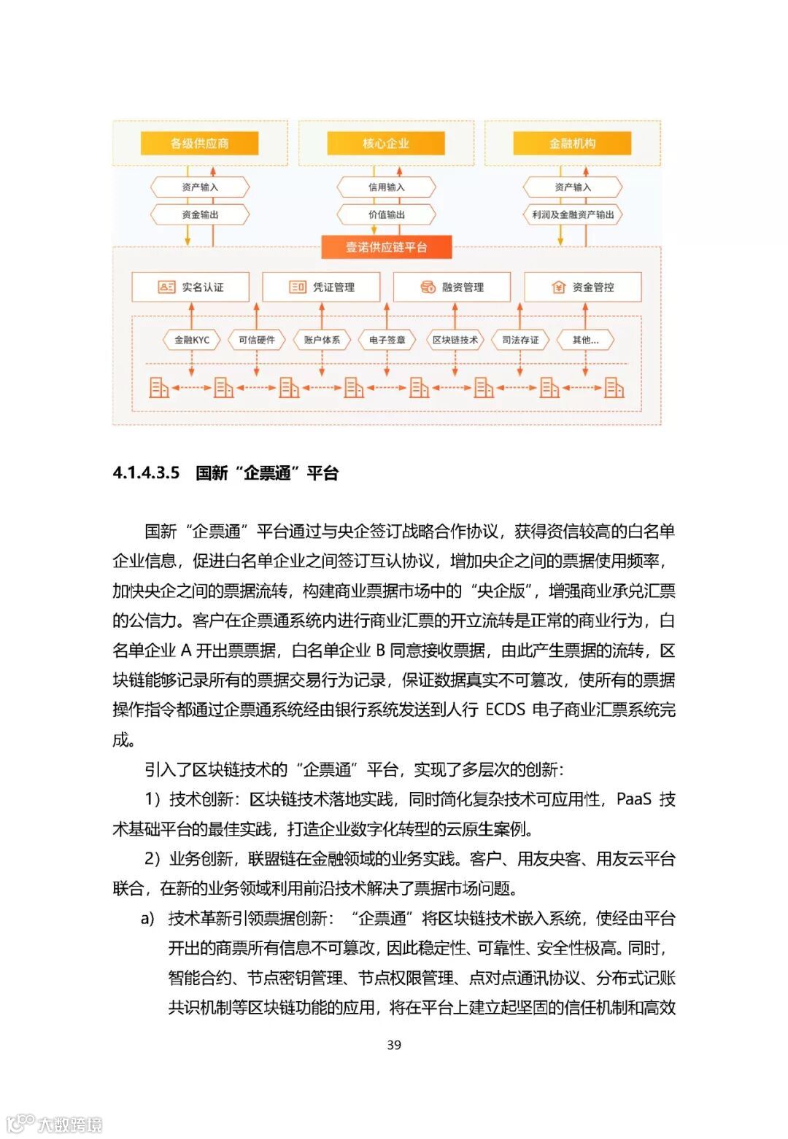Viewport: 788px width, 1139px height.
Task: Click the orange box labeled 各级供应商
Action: pos(199,143)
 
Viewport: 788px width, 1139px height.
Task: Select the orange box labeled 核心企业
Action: pos(386,143)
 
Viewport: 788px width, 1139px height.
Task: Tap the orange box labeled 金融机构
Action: pos(572,143)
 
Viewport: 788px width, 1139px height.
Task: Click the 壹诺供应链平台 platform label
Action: pos(387,247)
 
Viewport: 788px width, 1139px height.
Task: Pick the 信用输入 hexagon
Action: pos(386,187)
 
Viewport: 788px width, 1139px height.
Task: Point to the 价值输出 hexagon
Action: pos(386,214)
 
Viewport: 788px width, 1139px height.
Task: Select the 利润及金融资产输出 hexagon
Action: pos(573,214)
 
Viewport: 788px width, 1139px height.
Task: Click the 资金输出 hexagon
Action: pos(200,214)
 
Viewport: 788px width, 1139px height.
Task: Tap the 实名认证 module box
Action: pos(190,287)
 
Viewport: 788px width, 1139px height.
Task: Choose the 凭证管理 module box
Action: pos(321,287)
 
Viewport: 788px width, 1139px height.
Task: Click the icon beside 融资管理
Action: pos(428,287)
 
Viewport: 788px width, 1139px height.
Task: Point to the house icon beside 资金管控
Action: pos(558,287)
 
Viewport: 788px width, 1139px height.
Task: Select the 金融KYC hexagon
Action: pos(191,340)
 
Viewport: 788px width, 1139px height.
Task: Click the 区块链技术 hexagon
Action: pos(455,340)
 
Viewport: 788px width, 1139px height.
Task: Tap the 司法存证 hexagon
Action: pos(520,340)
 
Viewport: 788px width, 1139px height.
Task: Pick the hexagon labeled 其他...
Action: pos(585,340)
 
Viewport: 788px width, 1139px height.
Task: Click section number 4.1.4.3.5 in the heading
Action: pos(146,473)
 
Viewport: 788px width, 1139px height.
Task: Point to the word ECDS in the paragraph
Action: pos(505,710)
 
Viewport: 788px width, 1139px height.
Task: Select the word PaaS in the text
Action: pos(633,799)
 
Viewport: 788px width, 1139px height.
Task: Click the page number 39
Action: pos(394,1045)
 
